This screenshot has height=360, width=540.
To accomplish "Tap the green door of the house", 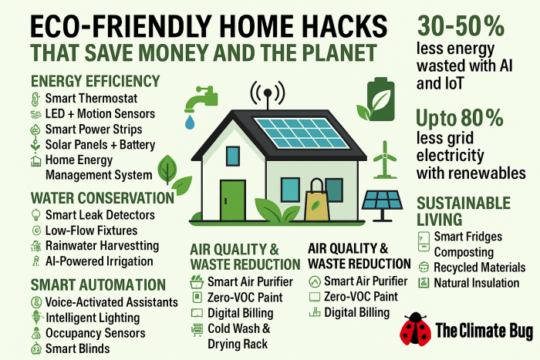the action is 233,200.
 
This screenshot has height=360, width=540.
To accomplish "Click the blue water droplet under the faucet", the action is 190,122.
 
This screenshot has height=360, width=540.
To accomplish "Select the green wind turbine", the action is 385,160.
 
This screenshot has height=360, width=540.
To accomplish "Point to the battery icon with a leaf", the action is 376,99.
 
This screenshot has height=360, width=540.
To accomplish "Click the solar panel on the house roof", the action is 302,133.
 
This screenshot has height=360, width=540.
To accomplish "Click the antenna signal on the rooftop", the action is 268,94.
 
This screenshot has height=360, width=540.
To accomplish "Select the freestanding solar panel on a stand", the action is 383,206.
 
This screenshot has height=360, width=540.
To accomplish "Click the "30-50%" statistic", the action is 461,26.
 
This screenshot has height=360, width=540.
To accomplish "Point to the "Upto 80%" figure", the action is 460,118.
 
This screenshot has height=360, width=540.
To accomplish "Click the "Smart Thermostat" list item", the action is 91,99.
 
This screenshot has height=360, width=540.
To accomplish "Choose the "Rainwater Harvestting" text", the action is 103,246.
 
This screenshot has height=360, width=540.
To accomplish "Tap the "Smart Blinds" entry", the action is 77,348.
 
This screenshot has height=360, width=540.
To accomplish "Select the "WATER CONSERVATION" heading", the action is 103,198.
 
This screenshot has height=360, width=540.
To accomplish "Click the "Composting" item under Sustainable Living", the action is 464,252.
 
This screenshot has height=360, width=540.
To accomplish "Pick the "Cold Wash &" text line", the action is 238,328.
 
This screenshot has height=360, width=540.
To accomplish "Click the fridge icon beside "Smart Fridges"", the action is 424,241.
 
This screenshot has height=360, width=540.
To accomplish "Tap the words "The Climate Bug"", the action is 484,331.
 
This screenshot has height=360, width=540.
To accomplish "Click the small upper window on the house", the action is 233,156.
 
